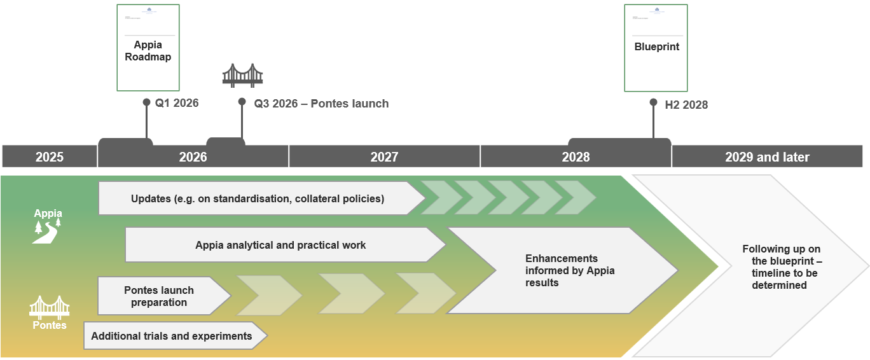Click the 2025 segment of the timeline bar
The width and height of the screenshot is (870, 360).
[x=50, y=156]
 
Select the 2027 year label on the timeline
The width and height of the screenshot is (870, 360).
[x=384, y=156]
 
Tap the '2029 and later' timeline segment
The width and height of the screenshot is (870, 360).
[x=767, y=156]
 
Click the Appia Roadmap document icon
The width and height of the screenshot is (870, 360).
[x=148, y=48]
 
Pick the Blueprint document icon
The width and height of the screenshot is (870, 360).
[x=656, y=48]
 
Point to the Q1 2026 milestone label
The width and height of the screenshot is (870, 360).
[x=177, y=103]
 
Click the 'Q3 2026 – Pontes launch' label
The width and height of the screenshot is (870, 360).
[x=321, y=104]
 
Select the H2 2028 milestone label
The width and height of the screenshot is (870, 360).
[x=686, y=105]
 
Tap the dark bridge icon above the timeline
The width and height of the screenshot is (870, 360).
[x=242, y=75]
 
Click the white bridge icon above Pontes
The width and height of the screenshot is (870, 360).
[x=50, y=307]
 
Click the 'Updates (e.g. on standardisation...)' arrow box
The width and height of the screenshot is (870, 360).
[x=258, y=198]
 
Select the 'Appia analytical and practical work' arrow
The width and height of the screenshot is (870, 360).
[x=280, y=245]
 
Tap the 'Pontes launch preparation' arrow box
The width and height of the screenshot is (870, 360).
[x=159, y=296]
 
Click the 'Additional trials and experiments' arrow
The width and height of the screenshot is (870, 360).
[x=172, y=336]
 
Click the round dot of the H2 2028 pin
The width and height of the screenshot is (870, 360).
[x=653, y=102]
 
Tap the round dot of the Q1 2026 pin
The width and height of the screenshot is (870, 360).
[x=146, y=102]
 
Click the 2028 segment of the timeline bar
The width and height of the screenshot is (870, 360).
[x=576, y=156]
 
